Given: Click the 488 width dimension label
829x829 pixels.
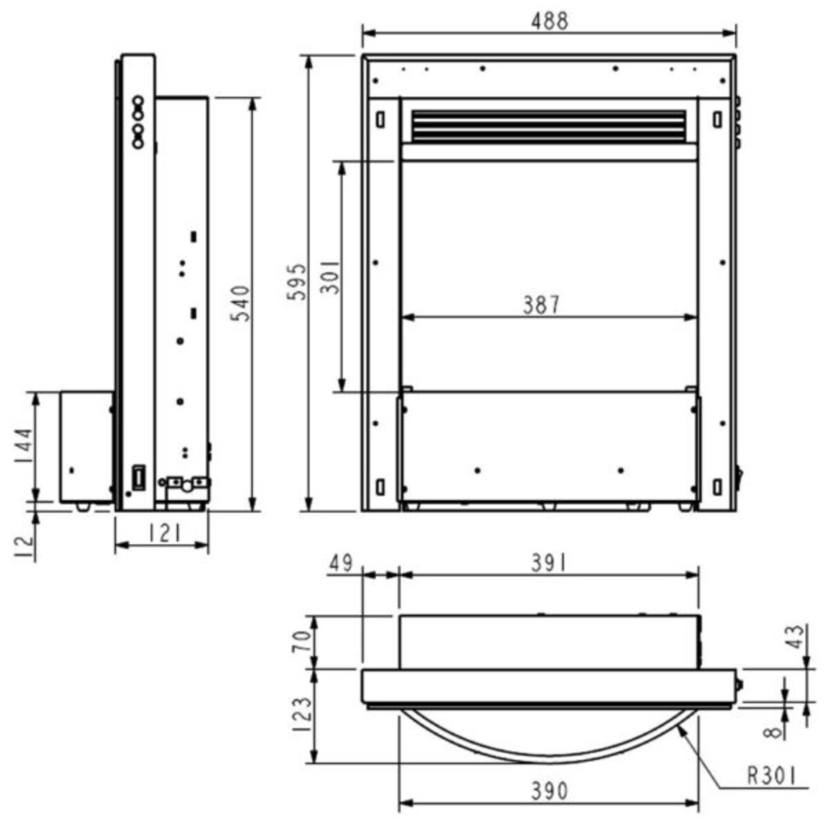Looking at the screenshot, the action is tap(549, 21).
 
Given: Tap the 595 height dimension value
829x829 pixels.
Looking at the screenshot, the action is tap(297, 282).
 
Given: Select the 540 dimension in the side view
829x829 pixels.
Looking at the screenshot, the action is tap(240, 303).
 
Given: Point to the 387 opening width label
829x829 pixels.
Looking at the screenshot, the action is tap(542, 305).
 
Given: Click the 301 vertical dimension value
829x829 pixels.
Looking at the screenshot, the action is tap(330, 277).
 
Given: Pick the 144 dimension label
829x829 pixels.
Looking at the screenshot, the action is tap(23, 446).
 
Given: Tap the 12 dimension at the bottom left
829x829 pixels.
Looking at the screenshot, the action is tap(24, 546).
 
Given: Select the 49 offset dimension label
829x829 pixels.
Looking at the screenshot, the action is tap(341, 563).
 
